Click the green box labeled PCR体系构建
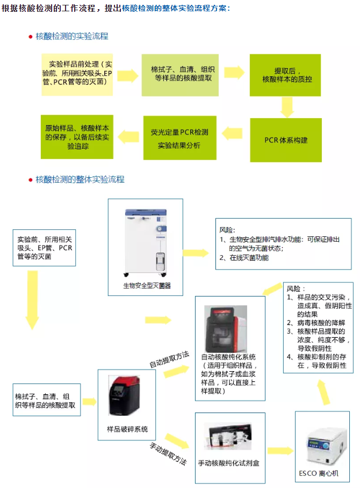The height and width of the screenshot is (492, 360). [286, 140]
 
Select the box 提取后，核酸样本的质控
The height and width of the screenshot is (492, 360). [286, 75]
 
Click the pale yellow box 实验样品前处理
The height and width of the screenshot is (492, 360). [77, 73]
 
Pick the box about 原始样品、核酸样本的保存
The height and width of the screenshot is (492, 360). [77, 136]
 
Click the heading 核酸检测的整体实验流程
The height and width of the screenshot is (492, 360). [80, 179]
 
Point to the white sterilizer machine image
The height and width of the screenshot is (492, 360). [145, 240]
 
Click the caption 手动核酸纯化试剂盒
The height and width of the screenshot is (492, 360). [228, 462]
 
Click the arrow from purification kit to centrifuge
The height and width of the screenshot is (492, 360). [279, 450]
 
